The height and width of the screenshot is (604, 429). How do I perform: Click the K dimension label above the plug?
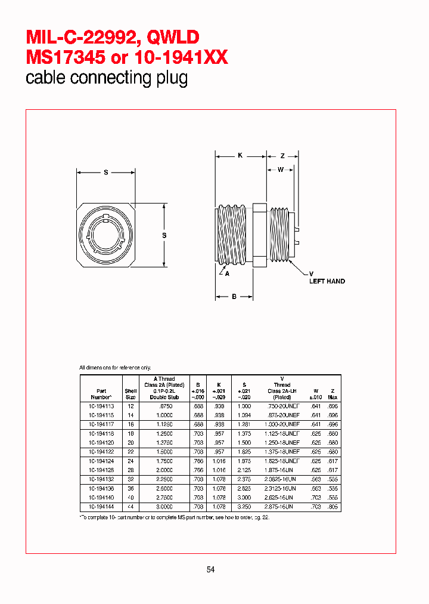[240, 156]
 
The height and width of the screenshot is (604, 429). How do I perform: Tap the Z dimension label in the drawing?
[285, 156]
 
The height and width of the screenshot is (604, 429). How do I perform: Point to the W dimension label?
[279, 170]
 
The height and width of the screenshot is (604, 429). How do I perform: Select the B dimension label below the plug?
[234, 296]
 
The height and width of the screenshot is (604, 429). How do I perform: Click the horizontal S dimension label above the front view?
[105, 172]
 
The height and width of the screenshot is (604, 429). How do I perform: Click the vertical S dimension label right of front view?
[164, 235]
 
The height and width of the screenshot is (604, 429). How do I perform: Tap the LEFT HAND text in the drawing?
[327, 281]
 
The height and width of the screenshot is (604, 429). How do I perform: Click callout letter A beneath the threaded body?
[226, 274]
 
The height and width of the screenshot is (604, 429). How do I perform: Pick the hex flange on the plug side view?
[259, 235]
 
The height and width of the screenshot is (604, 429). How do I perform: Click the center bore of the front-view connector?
[105, 236]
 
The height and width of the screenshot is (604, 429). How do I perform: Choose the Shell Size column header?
[130, 394]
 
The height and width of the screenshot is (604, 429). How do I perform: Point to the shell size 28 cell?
[130, 470]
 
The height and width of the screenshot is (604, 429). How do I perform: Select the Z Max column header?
[332, 394]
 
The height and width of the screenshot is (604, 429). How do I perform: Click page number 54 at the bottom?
[210, 569]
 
